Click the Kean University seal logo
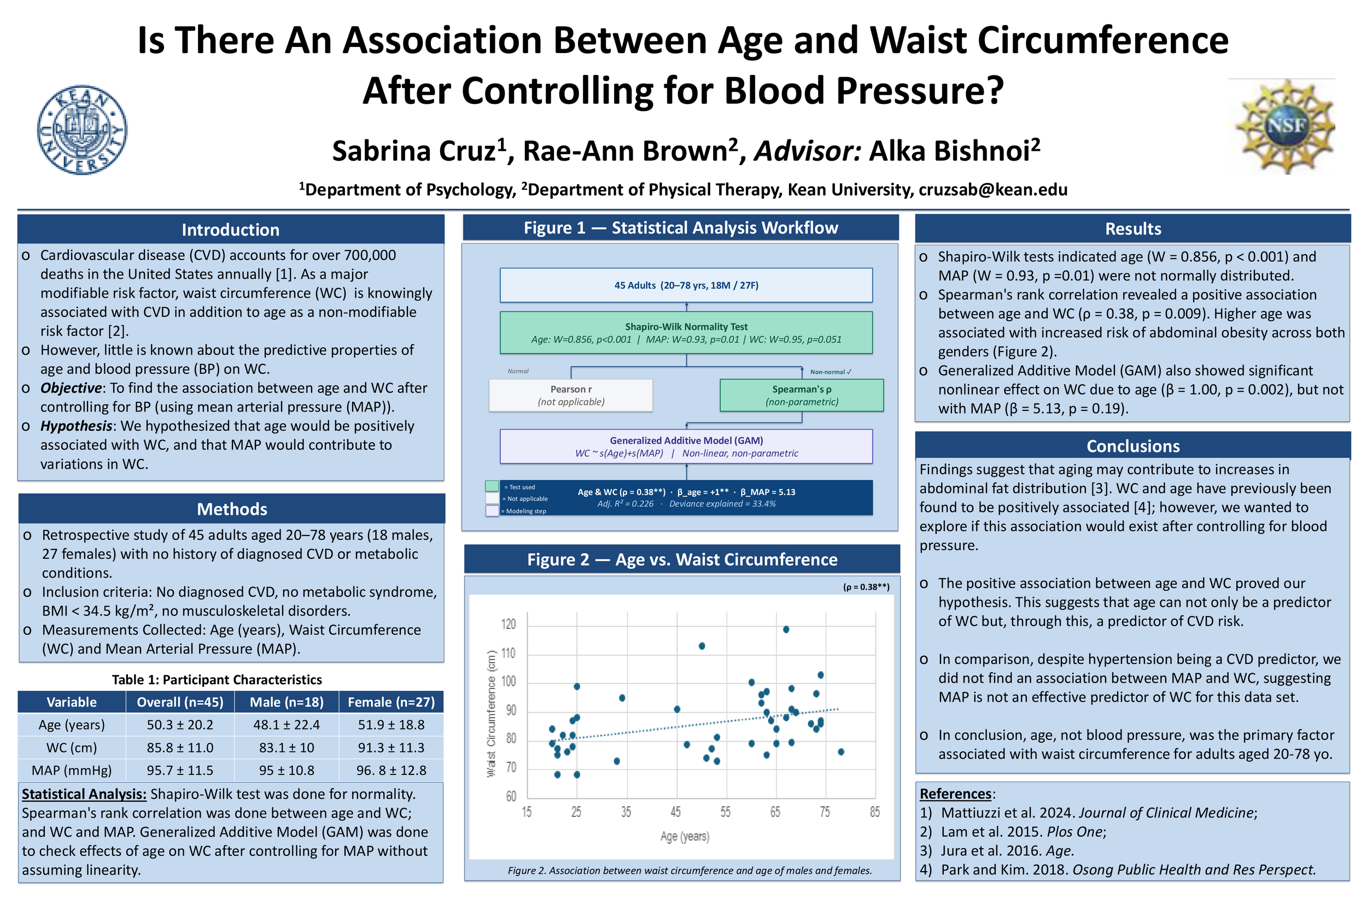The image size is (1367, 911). coord(82,130)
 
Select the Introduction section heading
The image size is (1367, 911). coord(230,230)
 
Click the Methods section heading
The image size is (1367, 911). coord(232,509)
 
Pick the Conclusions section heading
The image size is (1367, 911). coord(1133,445)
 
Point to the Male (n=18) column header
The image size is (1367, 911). coord(287,702)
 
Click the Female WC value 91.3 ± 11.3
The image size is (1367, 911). coord(391,747)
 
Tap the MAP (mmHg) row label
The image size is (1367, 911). coord(72,770)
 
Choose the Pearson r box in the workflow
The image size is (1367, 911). coord(571,395)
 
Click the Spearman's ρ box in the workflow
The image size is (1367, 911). coord(802,395)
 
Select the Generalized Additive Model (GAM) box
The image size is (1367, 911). coord(686,446)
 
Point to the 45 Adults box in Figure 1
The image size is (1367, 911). coord(686,285)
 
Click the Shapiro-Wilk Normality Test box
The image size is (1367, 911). coord(686,332)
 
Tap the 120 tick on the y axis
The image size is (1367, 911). coord(509,625)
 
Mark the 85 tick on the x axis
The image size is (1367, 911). coord(875,812)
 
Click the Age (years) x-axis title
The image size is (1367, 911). coord(685,836)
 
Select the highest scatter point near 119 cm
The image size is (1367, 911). coord(786,629)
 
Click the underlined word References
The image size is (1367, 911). coord(955,794)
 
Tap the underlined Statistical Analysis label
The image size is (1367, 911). coord(84,794)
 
